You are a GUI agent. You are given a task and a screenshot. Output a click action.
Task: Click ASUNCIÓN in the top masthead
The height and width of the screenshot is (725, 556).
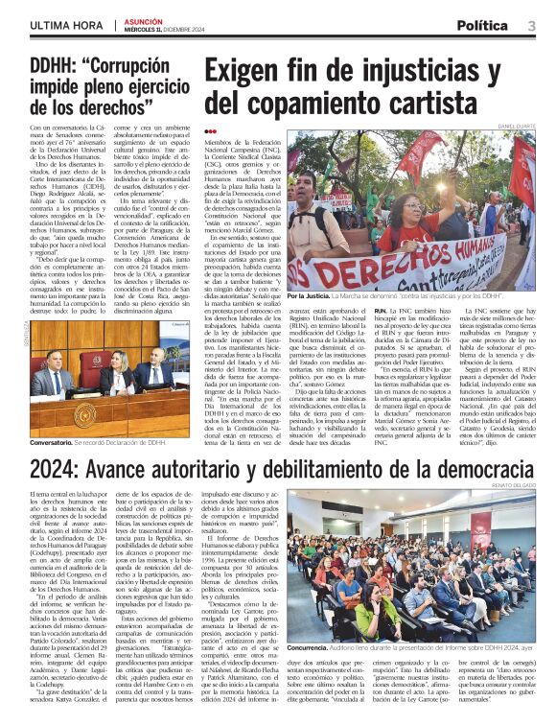point(146,19)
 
